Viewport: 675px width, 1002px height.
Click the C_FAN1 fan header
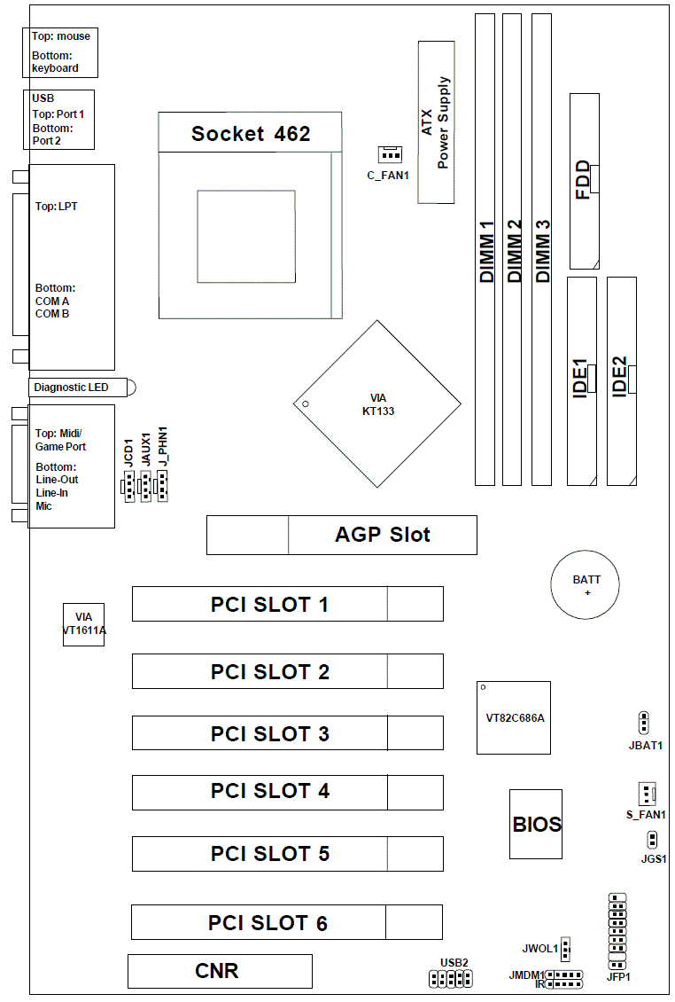(x=388, y=154)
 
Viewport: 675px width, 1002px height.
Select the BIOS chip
(x=537, y=824)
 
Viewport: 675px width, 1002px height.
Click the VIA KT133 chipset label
(x=378, y=405)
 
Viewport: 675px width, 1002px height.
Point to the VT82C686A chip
(x=514, y=716)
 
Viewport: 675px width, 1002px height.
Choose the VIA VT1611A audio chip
(x=83, y=624)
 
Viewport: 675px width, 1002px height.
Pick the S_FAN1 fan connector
(x=646, y=793)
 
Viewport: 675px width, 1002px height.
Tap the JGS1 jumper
(x=652, y=839)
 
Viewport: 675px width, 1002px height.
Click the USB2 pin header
(x=451, y=979)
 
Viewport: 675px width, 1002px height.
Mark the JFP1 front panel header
(x=618, y=931)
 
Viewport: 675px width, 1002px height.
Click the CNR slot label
(x=217, y=971)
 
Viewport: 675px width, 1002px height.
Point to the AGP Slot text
(x=383, y=535)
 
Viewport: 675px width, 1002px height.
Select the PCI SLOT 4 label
(x=270, y=791)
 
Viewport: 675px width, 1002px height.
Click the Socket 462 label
(x=251, y=134)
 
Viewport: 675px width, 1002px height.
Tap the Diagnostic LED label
(x=71, y=387)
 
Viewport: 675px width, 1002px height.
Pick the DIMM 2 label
(x=513, y=252)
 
